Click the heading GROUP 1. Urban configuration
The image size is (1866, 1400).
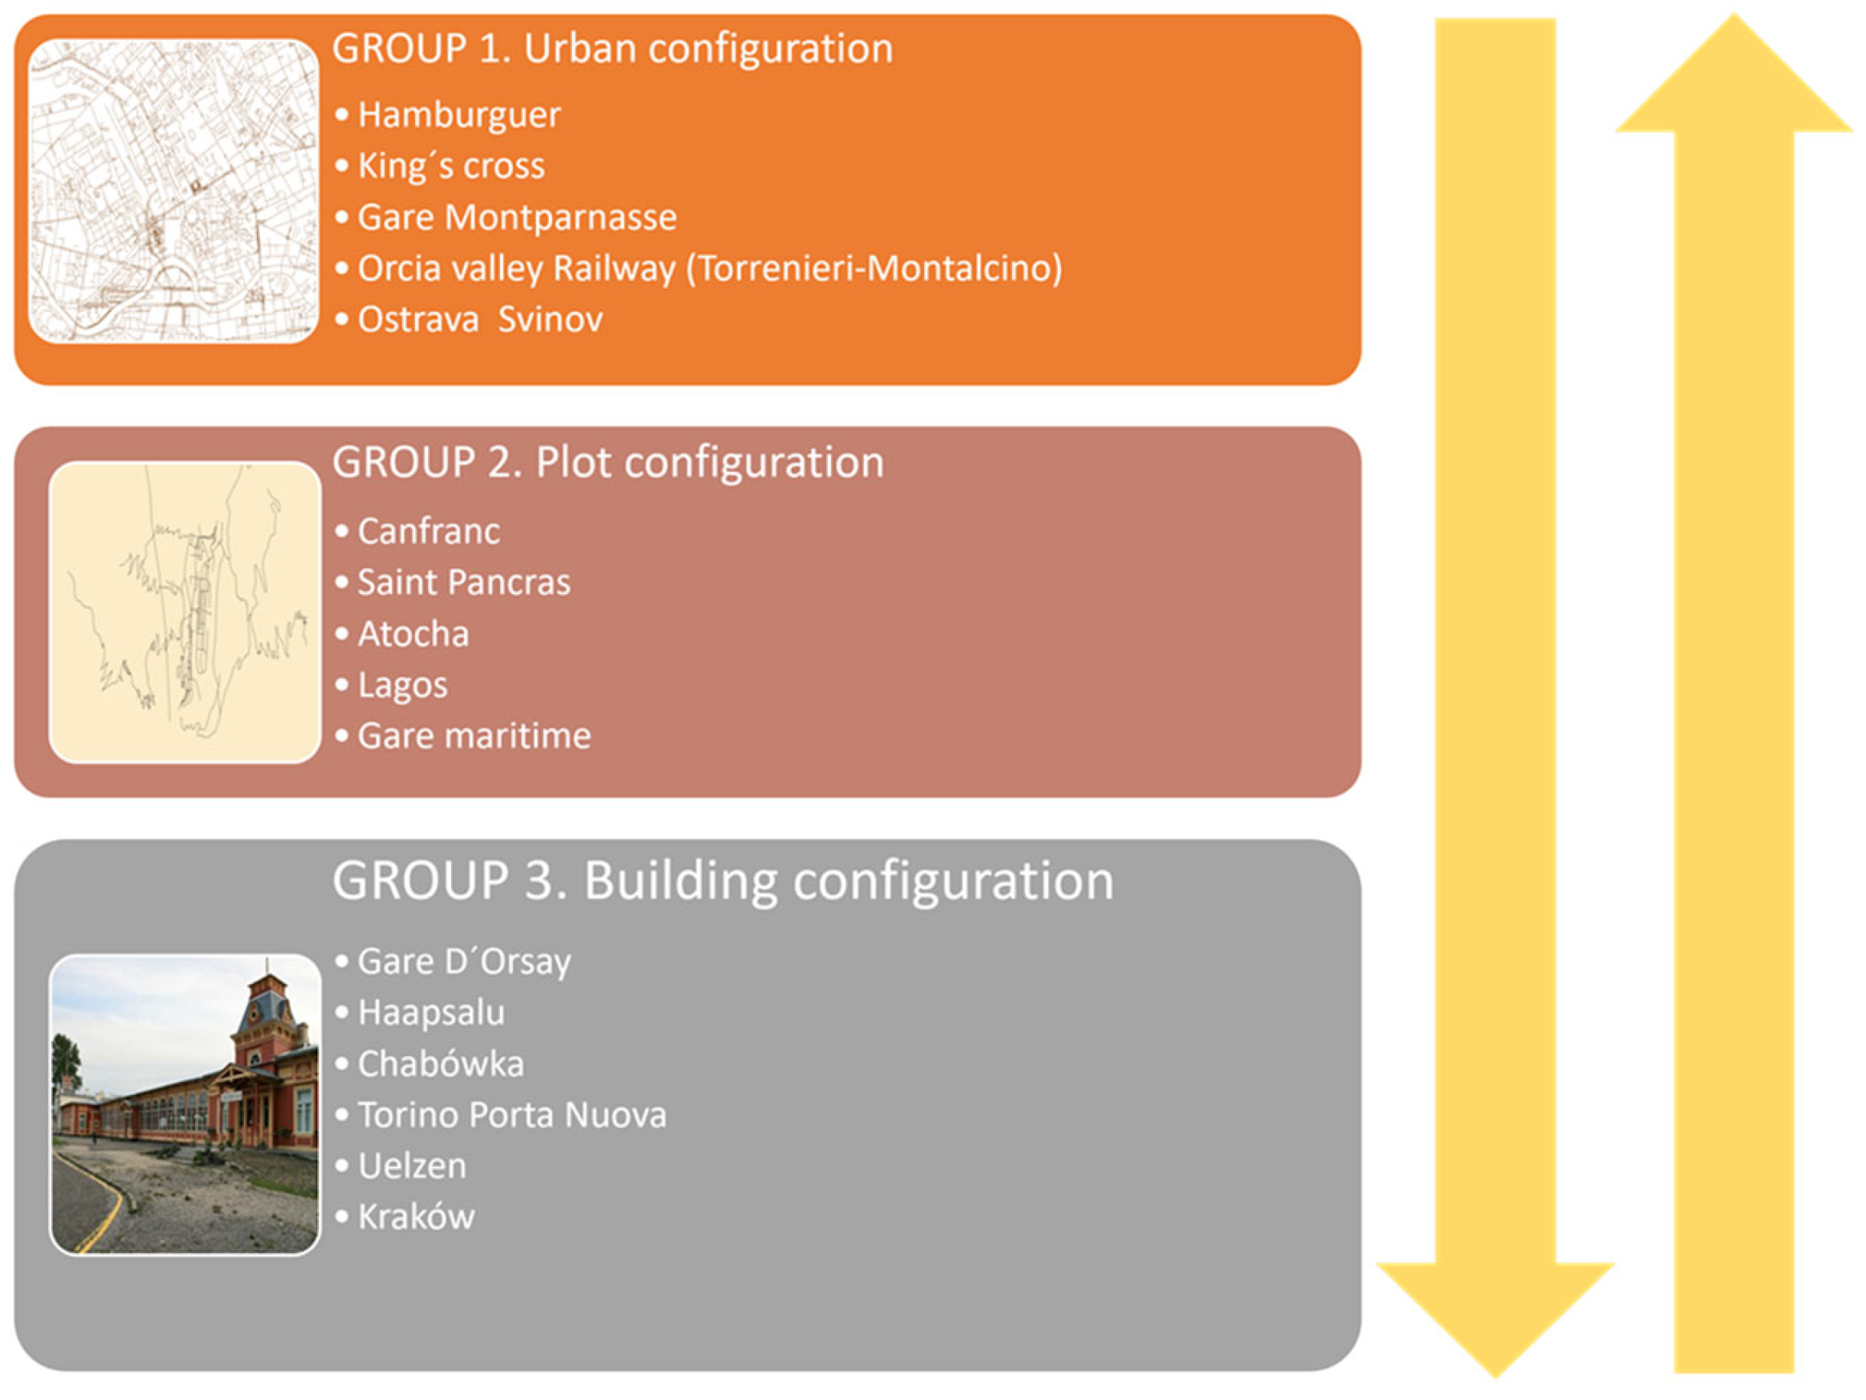click(612, 49)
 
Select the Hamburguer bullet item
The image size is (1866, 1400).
click(458, 115)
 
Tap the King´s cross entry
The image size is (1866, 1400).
click(450, 166)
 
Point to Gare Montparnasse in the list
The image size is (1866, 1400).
click(516, 218)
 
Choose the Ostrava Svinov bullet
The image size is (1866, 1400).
click(479, 320)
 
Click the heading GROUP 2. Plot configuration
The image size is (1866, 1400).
click(608, 463)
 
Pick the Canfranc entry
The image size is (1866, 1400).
click(427, 531)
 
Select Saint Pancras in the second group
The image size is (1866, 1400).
click(463, 583)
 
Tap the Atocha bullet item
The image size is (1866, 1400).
click(413, 635)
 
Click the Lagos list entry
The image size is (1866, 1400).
click(401, 685)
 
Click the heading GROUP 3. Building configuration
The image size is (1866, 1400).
click(722, 881)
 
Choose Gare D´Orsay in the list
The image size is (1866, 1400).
click(463, 962)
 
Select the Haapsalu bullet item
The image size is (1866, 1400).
click(430, 1012)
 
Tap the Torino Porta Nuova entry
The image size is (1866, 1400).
click(511, 1116)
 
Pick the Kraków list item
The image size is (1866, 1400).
click(415, 1218)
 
